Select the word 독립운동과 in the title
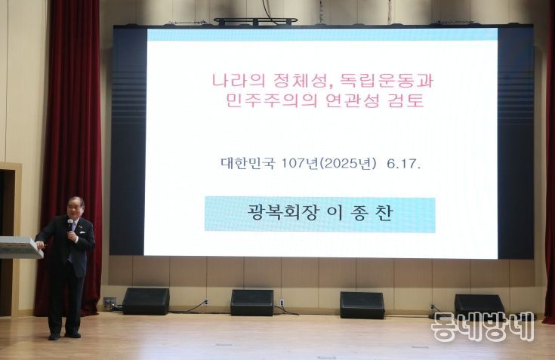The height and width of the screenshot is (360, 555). (387, 81)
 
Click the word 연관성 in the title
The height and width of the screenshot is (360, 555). (353, 100)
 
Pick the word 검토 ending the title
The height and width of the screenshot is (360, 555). (406, 100)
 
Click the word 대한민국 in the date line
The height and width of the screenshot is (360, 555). (248, 163)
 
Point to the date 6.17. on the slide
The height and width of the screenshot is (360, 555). (403, 164)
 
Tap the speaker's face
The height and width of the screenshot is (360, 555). (75, 208)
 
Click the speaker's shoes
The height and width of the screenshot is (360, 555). (64, 336)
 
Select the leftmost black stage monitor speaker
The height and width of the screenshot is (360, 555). (146, 301)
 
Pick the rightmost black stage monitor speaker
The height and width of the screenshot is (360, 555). (479, 305)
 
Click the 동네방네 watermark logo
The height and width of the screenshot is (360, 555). (483, 326)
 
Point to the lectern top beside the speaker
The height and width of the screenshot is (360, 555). (20, 247)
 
